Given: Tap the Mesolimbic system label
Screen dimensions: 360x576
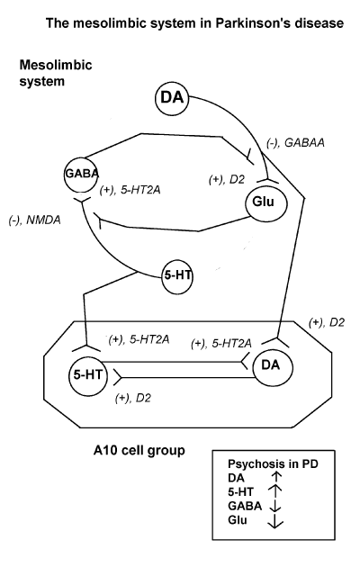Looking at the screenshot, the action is coord(56,73).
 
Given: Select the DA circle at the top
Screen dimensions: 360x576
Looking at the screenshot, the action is coord(172,98).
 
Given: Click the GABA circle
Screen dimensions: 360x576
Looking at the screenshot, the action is coord(82,173).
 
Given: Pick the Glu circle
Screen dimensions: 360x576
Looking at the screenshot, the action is coord(265,202).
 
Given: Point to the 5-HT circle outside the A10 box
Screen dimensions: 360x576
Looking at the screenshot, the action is coord(177,276).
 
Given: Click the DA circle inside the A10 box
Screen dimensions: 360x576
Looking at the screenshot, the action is coord(273,366).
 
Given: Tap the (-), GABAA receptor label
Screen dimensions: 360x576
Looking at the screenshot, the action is coord(295,143).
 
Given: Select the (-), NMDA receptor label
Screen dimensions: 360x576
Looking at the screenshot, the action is coord(34,220).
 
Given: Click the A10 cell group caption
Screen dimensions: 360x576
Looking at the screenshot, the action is coord(139,450).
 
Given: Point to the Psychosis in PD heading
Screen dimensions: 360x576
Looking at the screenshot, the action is coord(273,464).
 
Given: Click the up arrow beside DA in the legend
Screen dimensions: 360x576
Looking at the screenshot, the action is coord(276,477).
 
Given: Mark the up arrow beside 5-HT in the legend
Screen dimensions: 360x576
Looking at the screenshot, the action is coord(275,492).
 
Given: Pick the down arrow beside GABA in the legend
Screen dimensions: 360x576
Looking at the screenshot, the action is coord(274,506).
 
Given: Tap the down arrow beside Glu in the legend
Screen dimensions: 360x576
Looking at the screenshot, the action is coord(275,521).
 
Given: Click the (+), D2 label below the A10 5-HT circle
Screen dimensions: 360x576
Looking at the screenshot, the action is coord(132,398).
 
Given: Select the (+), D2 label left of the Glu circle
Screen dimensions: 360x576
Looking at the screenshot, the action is coord(226,180).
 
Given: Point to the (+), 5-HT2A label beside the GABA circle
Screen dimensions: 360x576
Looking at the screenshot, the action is coord(130,191).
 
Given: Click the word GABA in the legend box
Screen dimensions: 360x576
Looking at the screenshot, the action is coord(245,506).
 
